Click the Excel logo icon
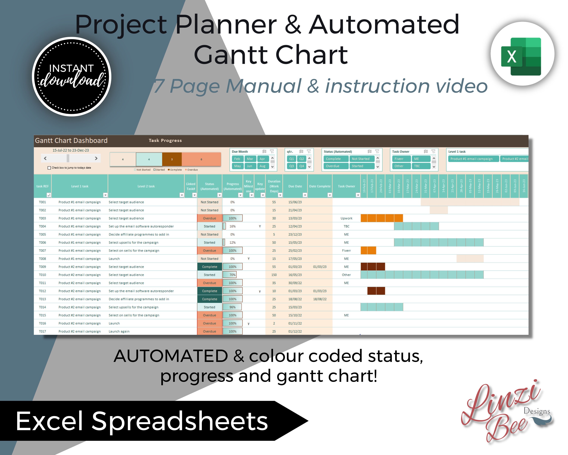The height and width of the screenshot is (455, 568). (x=522, y=56)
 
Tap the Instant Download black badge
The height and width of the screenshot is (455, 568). (x=72, y=76)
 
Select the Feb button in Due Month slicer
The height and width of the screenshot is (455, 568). (x=237, y=159)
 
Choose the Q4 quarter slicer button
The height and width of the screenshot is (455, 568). (x=302, y=166)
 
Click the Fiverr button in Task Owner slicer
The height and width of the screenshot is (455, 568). (x=399, y=159)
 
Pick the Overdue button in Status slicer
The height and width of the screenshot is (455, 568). (x=332, y=166)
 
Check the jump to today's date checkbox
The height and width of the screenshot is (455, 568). (x=49, y=168)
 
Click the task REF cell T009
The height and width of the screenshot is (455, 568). (x=42, y=267)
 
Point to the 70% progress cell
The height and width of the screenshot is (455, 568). (x=232, y=275)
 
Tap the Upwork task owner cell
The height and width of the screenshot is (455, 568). (x=346, y=218)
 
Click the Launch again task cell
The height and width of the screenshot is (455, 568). (x=119, y=331)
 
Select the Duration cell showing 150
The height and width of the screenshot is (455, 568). (x=274, y=275)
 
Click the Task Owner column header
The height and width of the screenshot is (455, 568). (x=346, y=186)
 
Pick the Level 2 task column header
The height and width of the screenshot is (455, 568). (x=146, y=186)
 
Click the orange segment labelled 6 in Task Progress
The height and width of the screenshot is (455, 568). (x=201, y=159)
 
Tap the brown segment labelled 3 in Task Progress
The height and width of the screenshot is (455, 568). (x=172, y=159)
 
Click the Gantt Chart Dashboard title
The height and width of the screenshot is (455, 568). (x=71, y=141)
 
